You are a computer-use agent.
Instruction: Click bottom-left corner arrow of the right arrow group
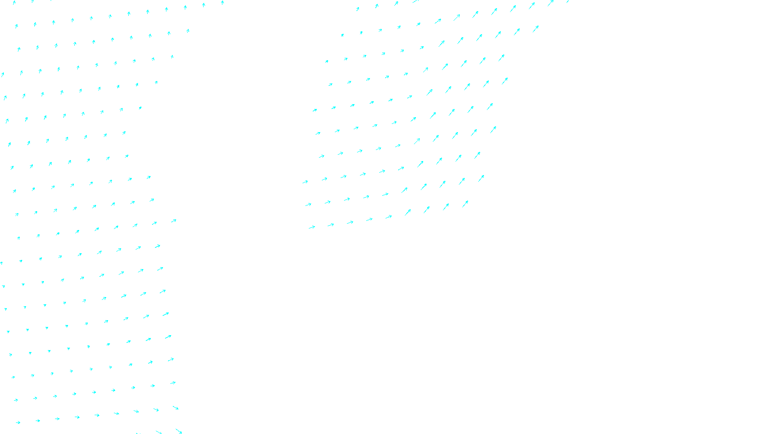pyautogui.click(x=312, y=227)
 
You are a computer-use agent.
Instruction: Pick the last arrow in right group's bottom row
pyautogui.click(x=465, y=204)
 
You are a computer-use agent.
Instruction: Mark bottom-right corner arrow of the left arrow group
pyautogui.click(x=179, y=431)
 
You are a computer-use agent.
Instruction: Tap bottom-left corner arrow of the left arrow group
pyautogui.click(x=18, y=422)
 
